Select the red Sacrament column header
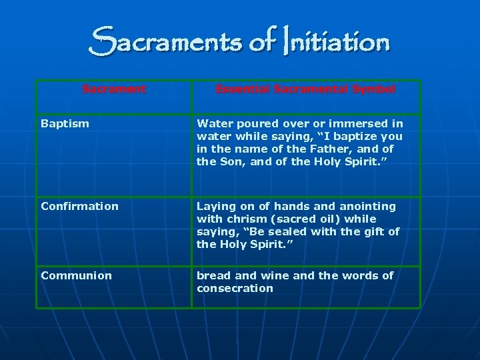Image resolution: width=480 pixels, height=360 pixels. tap(114, 89)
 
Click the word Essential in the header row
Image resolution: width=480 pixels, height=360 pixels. tap(242, 89)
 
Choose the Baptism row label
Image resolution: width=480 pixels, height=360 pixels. tap(65, 123)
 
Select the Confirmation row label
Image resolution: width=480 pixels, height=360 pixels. tap(79, 206)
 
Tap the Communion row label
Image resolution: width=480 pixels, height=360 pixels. tap(76, 275)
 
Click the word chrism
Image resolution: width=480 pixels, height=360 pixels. tap(243, 219)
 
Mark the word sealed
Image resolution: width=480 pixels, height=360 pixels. tap(282, 231)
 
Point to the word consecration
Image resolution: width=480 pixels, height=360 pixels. tap(235, 288)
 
